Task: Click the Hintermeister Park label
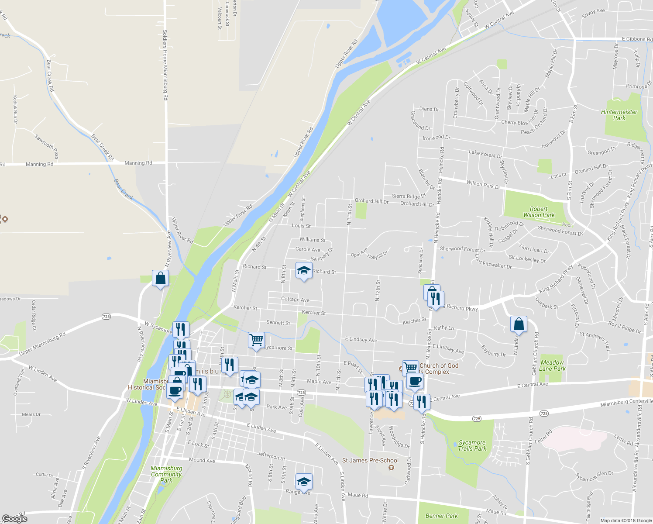[619, 115]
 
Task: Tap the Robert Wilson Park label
[539, 212]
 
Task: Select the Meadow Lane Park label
[552, 365]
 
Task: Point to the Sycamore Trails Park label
[472, 445]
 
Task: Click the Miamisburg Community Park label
[166, 474]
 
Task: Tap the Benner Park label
[442, 516]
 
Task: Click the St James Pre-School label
[370, 460]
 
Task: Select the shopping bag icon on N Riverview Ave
[161, 278]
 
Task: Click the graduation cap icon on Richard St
[304, 270]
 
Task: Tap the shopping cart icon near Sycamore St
[256, 340]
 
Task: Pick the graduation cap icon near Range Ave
[304, 482]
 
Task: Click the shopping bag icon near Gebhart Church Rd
[519, 324]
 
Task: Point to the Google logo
[14, 519]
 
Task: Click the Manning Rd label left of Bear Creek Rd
[39, 164]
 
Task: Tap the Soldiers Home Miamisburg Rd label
[165, 65]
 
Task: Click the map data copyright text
[626, 521]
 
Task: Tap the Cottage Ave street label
[295, 299]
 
